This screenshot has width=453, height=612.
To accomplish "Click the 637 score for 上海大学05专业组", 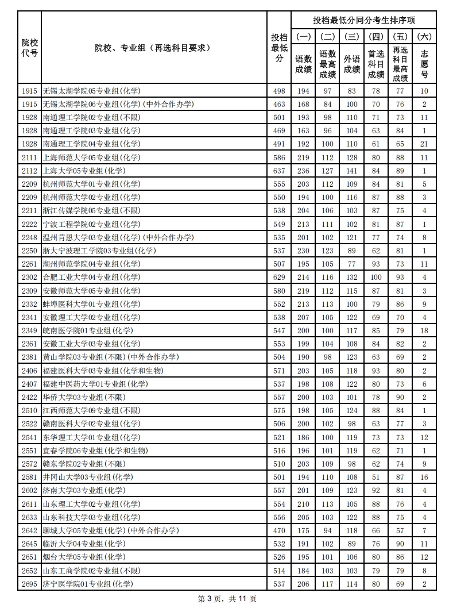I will pos(279,171).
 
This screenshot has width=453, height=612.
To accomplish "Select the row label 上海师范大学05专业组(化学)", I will pos(91,157).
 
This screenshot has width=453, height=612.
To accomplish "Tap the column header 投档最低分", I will pos(279,48).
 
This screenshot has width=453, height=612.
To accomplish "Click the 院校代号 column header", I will pos(30,48).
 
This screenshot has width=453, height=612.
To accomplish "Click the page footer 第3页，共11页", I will pos(227,599).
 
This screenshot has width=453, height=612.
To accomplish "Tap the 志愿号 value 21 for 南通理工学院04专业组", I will pos(424,144).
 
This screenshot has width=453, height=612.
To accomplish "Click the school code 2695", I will pos(30,584).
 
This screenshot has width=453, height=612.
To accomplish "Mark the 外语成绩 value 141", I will pos(352,171).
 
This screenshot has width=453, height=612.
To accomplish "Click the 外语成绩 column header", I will pos(352,64).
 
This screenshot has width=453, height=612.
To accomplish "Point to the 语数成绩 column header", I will pos(303,64).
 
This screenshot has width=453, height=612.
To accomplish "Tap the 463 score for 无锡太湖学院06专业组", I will pos(279,104).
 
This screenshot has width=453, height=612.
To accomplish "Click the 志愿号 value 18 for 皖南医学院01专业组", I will pos(424,330).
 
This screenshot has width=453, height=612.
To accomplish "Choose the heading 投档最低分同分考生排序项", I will pos(363,20).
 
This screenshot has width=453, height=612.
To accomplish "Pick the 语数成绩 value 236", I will pos(303,171).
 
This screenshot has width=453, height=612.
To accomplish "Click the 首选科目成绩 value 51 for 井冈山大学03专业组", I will pos(376,477).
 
